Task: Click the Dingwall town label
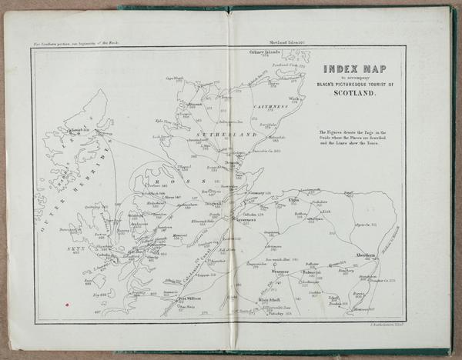coord(215,203)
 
